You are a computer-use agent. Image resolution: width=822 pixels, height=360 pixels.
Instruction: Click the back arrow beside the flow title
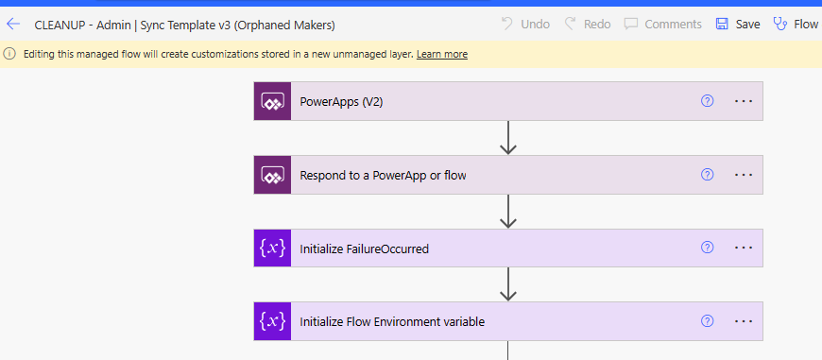[x=13, y=24]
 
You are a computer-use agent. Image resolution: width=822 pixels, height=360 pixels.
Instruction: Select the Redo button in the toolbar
[x=588, y=24]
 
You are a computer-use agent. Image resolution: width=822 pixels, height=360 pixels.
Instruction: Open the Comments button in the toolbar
[x=662, y=24]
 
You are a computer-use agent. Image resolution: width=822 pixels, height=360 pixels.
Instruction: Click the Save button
[x=737, y=24]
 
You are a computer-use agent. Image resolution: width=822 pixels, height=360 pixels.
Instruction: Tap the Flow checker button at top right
[x=796, y=24]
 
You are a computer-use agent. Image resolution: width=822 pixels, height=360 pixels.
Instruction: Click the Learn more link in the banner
[x=441, y=54]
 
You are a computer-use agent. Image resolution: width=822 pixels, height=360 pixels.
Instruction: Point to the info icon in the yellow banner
[x=9, y=54]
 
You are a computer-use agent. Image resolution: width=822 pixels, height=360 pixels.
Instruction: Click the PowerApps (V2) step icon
[x=272, y=101]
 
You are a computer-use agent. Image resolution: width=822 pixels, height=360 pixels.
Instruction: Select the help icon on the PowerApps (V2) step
[x=707, y=101]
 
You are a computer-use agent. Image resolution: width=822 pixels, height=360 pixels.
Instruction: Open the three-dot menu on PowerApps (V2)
[x=744, y=101]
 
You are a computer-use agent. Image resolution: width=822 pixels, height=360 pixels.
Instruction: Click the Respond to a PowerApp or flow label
[x=383, y=175]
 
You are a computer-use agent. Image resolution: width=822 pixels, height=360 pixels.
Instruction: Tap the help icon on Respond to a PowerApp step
[x=707, y=175]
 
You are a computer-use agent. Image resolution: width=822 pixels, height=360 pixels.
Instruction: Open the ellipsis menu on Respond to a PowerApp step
[x=744, y=175]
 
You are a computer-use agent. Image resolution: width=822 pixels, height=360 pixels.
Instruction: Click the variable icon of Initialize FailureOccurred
[x=272, y=249]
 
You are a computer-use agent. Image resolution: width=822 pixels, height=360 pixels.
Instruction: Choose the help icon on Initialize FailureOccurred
[x=707, y=249]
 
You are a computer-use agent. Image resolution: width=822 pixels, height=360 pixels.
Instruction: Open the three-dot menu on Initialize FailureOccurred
[x=744, y=249]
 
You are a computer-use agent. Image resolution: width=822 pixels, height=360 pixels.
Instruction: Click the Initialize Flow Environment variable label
[x=392, y=321]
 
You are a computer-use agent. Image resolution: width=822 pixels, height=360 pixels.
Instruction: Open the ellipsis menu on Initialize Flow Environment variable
[x=744, y=321]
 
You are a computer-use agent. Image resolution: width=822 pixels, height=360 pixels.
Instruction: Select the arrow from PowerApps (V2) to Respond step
[x=508, y=138]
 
